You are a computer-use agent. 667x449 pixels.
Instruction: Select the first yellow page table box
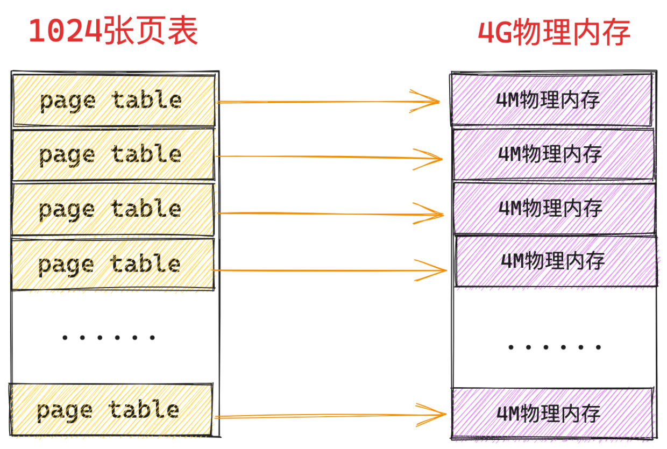113,101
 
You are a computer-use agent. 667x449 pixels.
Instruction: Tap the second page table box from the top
113,155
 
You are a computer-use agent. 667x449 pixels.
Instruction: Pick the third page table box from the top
112,209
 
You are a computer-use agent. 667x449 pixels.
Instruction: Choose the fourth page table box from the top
112,264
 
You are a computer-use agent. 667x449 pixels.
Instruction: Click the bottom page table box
111,410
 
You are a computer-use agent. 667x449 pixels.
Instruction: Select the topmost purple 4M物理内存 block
551,99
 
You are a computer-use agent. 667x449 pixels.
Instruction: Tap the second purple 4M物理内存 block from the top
554,154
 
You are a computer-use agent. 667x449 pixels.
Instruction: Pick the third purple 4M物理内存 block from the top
554,209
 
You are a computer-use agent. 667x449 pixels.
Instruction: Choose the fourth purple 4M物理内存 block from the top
556,261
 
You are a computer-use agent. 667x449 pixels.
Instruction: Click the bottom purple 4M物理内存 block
552,414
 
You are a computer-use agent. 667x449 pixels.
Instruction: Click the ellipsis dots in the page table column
109,338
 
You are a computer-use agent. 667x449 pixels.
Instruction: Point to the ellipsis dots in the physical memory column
555,347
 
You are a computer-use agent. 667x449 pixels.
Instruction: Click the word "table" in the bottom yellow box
144,409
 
